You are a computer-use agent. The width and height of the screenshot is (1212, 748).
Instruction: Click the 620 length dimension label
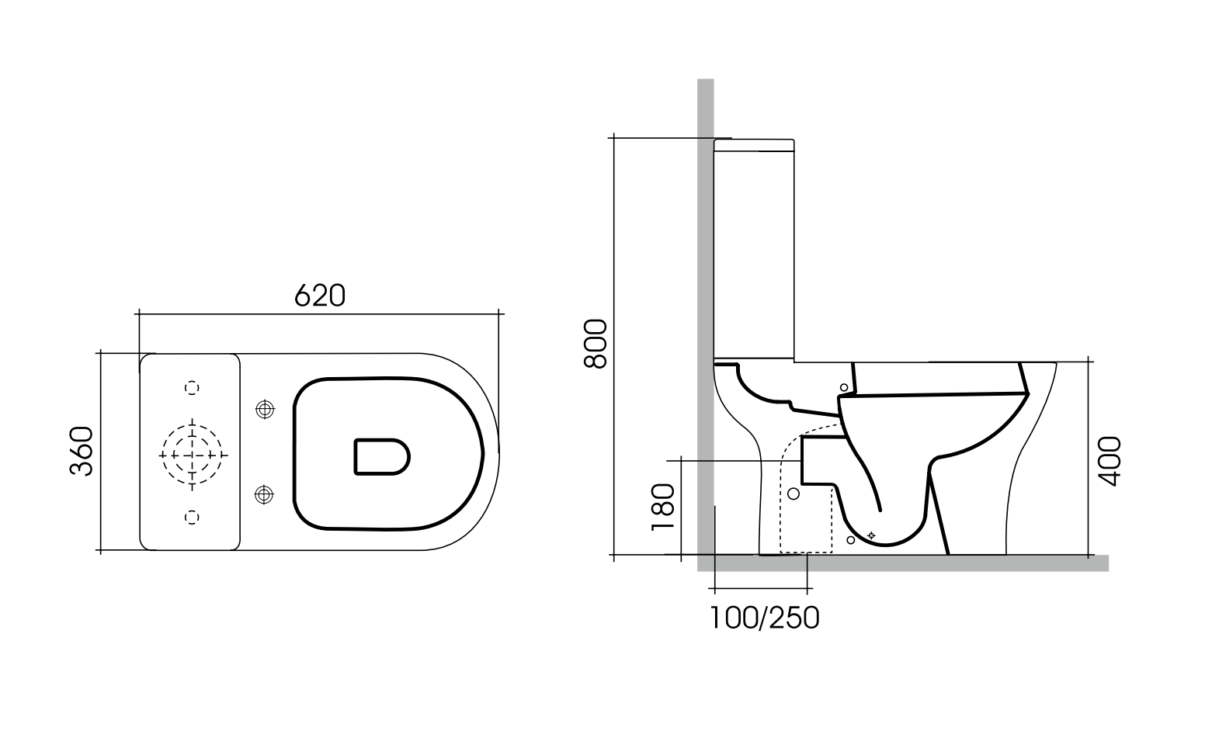319,295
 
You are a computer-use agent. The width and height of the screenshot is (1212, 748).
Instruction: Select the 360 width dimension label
82,451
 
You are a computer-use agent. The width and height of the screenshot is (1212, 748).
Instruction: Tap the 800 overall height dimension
595,344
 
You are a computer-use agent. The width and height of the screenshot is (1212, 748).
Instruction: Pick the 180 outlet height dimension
662,507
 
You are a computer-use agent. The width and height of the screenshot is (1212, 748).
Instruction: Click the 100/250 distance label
764,618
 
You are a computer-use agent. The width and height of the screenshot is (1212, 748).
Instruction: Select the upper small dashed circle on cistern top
192,387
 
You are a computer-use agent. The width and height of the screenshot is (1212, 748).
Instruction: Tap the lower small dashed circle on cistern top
192,517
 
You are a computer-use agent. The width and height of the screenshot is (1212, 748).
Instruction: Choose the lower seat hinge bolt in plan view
265,493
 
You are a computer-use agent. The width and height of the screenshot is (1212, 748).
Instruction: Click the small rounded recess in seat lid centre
381,456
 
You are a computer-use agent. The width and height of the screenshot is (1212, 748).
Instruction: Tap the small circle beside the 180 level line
793,493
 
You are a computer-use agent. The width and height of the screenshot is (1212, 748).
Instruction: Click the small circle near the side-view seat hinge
844,387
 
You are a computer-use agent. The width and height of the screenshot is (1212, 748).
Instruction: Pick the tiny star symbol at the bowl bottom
870,535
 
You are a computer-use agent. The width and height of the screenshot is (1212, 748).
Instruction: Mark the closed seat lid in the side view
939,379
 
